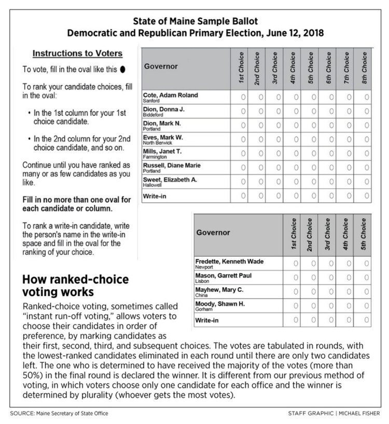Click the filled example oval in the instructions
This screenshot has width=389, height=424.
click(x=122, y=68)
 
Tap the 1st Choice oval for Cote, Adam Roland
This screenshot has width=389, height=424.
click(x=243, y=97)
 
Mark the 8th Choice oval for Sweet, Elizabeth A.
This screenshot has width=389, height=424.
click(x=367, y=181)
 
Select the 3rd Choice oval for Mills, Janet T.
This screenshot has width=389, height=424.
click(x=278, y=153)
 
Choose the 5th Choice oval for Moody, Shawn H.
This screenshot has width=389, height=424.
click(x=366, y=305)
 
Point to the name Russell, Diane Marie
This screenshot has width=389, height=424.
click(x=171, y=165)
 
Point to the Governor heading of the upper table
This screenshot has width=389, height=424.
click(x=161, y=66)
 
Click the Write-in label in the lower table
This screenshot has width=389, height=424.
click(x=206, y=320)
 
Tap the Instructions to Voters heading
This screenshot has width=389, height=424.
click(x=77, y=53)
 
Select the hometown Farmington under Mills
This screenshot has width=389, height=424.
click(x=156, y=157)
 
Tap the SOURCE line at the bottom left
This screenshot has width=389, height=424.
click(x=60, y=413)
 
